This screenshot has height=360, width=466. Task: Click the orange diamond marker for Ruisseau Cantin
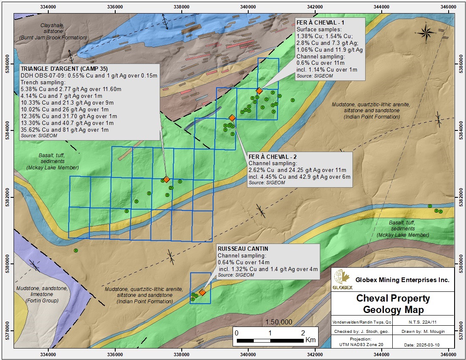point(202,292)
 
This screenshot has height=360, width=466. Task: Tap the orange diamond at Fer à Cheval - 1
point(259,91)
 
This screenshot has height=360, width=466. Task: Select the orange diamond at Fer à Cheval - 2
point(232,118)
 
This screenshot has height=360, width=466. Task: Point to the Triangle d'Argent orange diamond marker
point(166,179)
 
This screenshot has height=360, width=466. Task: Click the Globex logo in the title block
point(343,280)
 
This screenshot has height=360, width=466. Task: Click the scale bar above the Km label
point(270,340)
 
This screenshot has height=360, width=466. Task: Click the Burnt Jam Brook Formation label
point(53,38)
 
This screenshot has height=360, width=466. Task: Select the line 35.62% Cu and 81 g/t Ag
point(64,130)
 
